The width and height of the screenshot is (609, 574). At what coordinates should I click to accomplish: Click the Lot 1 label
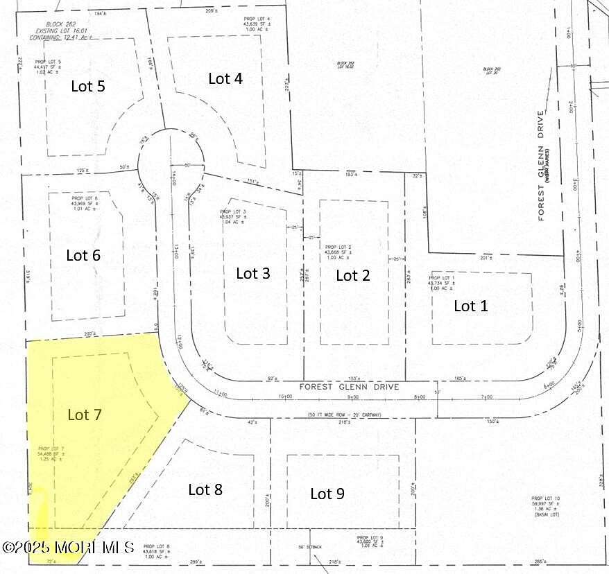[x=470, y=306]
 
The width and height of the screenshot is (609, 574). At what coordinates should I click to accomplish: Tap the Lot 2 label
[x=352, y=275]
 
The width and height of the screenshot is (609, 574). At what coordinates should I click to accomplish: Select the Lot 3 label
[x=252, y=273]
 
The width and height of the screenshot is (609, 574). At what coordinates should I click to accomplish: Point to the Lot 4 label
[x=225, y=78]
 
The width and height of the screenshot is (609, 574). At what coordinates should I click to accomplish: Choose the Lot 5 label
[x=88, y=87]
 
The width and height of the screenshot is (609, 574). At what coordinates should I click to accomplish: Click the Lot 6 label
[x=83, y=255]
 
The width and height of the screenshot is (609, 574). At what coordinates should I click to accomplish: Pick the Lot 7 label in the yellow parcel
[x=85, y=415]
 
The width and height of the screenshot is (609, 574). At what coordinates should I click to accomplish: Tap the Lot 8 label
[x=205, y=489]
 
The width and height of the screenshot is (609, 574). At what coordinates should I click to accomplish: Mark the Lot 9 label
[x=327, y=494]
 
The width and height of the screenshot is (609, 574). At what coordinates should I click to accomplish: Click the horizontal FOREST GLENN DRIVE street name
[x=349, y=387]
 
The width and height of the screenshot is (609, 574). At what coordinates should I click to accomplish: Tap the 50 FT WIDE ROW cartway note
[x=345, y=415]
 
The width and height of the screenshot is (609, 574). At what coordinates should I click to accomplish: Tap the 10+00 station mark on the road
[x=284, y=397]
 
